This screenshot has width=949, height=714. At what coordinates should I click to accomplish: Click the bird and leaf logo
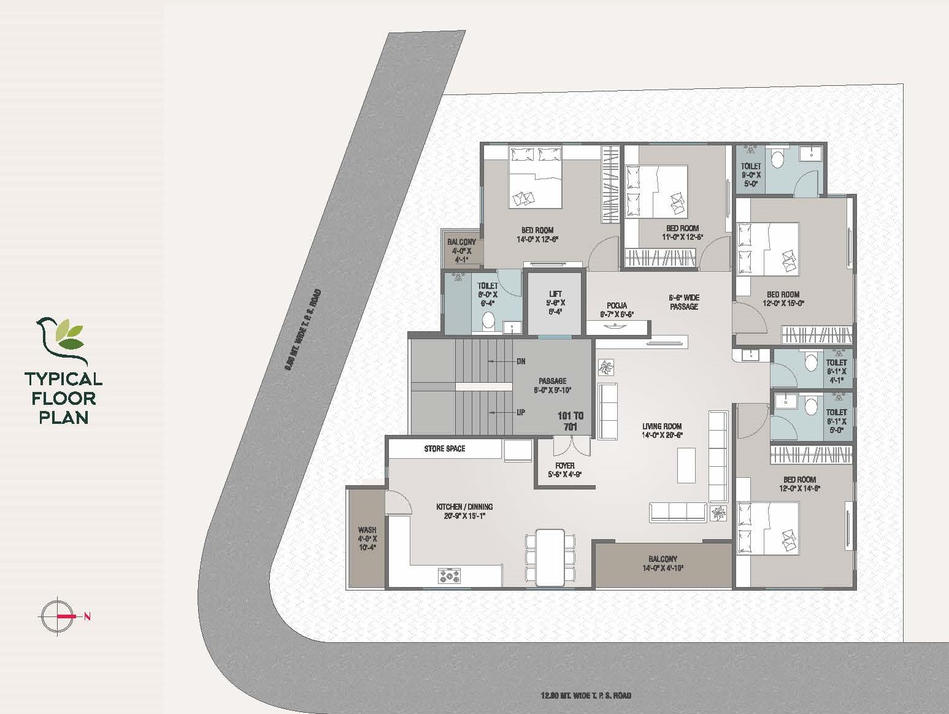pyautogui.click(x=61, y=340)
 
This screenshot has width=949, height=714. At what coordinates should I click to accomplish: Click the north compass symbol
pyautogui.click(x=58, y=615)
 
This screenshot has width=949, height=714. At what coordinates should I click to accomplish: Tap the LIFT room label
pyautogui.click(x=556, y=302)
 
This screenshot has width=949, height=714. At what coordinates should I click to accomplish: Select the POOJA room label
pyautogui.click(x=617, y=310)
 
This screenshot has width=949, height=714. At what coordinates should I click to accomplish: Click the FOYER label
pyautogui.click(x=564, y=470)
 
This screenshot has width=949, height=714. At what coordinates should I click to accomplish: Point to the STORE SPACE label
pyautogui.click(x=444, y=449)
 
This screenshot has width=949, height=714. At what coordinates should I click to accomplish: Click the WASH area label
pyautogui.click(x=367, y=537)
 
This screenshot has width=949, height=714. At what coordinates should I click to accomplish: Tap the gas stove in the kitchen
pyautogui.click(x=450, y=575)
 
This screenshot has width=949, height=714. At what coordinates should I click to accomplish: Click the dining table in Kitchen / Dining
pyautogui.click(x=550, y=557)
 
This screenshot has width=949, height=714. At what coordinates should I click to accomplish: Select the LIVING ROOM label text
pyautogui.click(x=662, y=430)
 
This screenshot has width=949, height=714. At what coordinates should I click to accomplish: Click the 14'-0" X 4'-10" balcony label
pyautogui.click(x=663, y=563)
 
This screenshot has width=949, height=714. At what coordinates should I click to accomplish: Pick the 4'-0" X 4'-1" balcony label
pyautogui.click(x=461, y=251)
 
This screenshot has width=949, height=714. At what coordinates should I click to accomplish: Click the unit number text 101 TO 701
pyautogui.click(x=570, y=421)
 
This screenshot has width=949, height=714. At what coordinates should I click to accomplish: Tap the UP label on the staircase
pyautogui.click(x=520, y=413)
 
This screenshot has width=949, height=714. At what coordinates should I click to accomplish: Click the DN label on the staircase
pyautogui.click(x=520, y=361)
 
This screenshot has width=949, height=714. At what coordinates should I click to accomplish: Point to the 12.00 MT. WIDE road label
pyautogui.click(x=586, y=696)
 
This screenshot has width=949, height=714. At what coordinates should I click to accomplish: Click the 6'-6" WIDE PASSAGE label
pyautogui.click(x=683, y=302)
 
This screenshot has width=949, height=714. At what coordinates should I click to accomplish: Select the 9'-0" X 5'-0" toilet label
pyautogui.click(x=751, y=174)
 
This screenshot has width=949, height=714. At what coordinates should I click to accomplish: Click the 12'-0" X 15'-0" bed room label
pyautogui.click(x=783, y=299)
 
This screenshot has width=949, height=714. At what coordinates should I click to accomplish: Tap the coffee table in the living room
pyautogui.click(x=686, y=465)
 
